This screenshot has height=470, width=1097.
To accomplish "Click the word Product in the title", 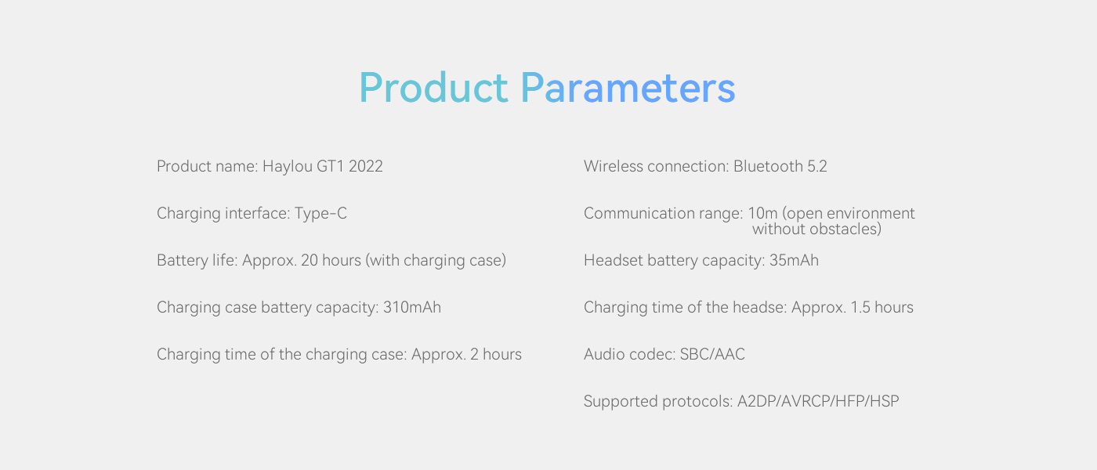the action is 434,88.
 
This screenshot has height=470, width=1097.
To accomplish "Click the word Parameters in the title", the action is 628,88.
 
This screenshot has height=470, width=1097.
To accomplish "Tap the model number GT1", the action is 331,166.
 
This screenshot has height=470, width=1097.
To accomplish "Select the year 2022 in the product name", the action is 366,166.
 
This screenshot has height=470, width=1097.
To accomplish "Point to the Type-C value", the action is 320,213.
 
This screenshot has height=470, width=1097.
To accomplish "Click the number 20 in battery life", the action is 310,260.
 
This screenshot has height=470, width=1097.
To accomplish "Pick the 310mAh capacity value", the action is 412,307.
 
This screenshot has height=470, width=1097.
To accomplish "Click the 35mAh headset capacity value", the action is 794,260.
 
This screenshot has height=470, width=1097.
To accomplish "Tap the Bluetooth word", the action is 768,166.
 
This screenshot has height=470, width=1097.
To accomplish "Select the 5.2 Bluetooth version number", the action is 816,166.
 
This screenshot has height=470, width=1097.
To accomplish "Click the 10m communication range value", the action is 762,213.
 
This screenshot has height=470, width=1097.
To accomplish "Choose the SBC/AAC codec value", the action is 712,354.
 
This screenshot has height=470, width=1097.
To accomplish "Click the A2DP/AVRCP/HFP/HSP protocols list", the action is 818,401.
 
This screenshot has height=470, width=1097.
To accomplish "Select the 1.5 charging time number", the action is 860,307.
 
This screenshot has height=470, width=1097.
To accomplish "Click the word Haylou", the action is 288,167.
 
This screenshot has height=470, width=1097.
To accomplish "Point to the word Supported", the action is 621,402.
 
